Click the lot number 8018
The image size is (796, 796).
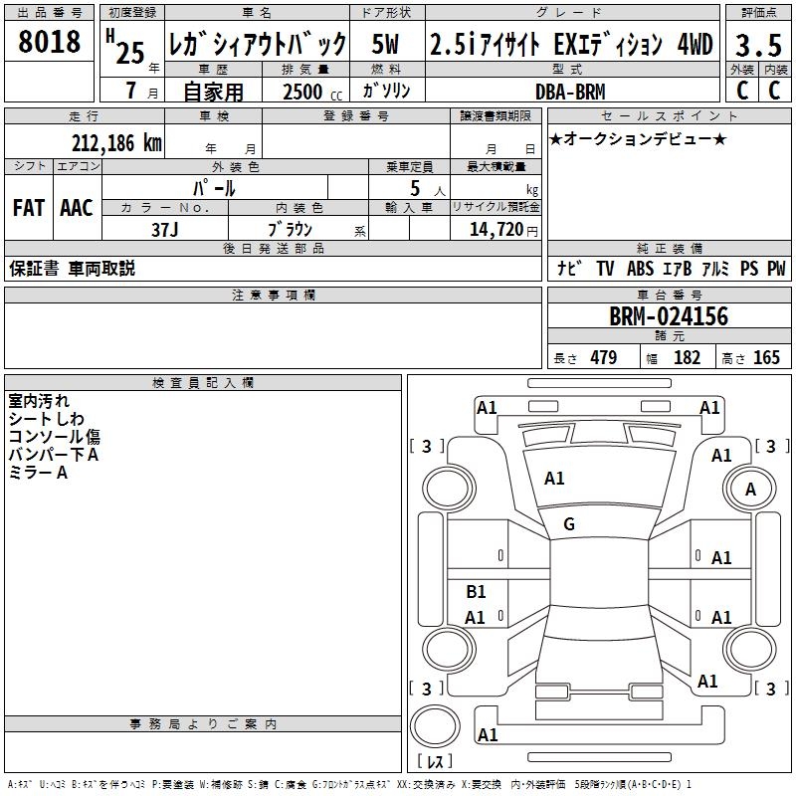50,44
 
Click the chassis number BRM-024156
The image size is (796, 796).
669,317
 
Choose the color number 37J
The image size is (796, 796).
165,229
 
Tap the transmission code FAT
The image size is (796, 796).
28,208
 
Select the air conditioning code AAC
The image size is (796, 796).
77,208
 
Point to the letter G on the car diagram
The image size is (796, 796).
569,524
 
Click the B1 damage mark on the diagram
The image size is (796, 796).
476,592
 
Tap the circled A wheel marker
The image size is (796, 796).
750,490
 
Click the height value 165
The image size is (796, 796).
766,358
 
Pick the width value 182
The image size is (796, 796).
687,358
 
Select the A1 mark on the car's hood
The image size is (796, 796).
554,479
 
